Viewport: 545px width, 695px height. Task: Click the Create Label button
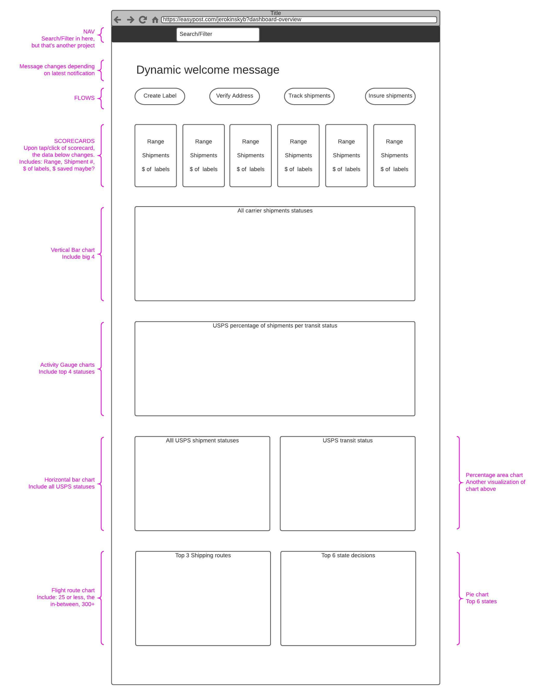click(x=160, y=96)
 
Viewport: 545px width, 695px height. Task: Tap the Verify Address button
click(x=235, y=96)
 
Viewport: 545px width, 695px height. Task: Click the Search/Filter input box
click(x=218, y=34)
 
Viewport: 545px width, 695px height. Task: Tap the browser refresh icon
click(x=143, y=20)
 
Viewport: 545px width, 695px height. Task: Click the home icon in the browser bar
click(x=155, y=20)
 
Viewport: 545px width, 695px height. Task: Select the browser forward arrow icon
click(x=130, y=20)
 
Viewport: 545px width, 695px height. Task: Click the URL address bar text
click(x=232, y=19)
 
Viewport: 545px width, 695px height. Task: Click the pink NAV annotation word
click(x=89, y=32)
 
